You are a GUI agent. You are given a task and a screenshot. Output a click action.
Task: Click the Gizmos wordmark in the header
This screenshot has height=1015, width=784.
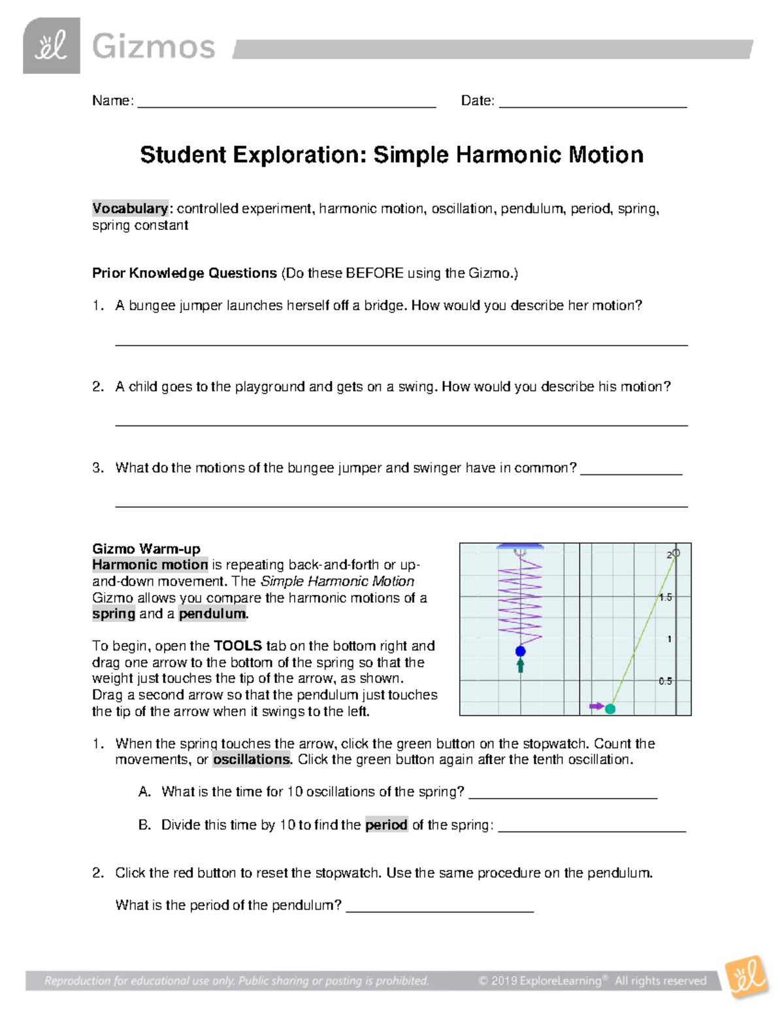click(154, 47)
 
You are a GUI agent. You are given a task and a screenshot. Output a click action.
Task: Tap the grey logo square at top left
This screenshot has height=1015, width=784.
click(52, 46)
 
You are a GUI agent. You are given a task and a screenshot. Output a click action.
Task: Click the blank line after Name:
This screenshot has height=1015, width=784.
click(286, 104)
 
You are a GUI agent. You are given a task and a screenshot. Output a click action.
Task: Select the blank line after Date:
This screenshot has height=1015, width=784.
click(593, 104)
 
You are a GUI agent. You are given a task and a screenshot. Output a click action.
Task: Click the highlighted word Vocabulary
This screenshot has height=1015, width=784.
click(130, 208)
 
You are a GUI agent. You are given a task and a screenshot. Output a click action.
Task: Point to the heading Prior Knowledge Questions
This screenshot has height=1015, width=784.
click(184, 273)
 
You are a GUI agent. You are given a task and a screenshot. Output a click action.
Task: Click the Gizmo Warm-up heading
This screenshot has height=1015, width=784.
click(146, 548)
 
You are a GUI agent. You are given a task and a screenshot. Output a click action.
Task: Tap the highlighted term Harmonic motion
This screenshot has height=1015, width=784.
click(150, 565)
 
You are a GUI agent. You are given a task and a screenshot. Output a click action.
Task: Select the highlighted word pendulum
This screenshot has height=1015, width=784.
click(212, 614)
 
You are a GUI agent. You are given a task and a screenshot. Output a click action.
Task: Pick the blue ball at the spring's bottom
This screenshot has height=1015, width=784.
click(521, 651)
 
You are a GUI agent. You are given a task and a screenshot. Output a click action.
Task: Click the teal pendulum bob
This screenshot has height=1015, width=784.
click(610, 708)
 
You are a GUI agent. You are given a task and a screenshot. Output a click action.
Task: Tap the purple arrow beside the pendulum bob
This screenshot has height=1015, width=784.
click(596, 707)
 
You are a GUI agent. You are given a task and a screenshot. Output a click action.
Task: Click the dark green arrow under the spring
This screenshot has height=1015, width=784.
click(521, 665)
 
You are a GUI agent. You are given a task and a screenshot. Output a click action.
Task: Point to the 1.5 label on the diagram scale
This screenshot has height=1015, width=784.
click(665, 597)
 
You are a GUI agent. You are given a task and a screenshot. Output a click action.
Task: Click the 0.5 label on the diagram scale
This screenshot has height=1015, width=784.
click(665, 681)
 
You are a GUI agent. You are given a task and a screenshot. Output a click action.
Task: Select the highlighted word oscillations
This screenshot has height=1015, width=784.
click(252, 759)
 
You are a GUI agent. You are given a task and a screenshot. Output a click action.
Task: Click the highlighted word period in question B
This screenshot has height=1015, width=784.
click(386, 825)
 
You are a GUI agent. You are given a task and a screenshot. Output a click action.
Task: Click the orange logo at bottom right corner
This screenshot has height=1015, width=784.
click(747, 978)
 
